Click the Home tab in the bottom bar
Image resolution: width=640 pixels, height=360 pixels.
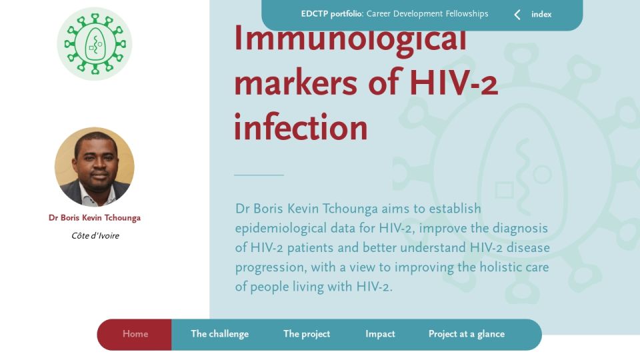(135, 334)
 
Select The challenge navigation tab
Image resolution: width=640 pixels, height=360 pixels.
(219, 334)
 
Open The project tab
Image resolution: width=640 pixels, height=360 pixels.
(307, 334)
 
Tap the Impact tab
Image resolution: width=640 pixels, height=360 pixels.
(380, 334)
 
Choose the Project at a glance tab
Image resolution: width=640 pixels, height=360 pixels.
(467, 334)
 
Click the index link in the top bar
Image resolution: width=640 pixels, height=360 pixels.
(541, 14)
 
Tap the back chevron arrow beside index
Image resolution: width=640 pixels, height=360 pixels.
(517, 15)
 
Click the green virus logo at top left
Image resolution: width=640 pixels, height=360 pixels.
(95, 44)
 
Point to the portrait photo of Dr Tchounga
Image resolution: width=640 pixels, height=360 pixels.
(95, 167)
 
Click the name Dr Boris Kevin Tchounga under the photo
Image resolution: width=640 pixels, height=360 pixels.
(95, 217)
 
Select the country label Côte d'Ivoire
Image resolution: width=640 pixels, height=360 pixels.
(95, 235)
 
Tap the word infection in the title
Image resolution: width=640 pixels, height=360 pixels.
(301, 127)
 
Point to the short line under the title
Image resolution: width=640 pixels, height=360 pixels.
(259, 175)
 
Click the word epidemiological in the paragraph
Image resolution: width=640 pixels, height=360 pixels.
(294, 229)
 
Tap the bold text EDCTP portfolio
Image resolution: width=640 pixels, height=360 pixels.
(331, 14)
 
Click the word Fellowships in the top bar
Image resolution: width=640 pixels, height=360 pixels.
(467, 14)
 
